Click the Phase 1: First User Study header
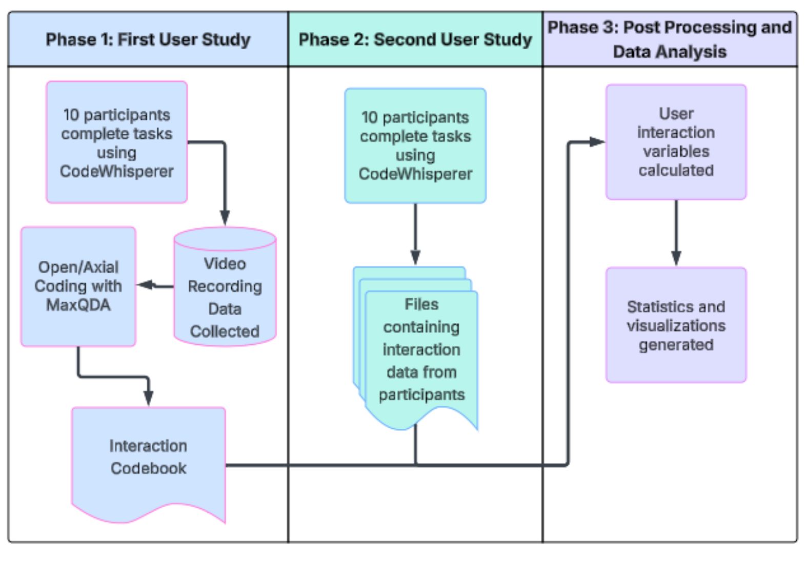click(148, 39)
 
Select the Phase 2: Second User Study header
click(415, 39)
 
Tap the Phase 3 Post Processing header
click(670, 39)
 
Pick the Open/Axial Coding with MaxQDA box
click(78, 286)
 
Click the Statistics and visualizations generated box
click(676, 325)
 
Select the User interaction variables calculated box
click(676, 142)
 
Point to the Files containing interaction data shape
click(421, 349)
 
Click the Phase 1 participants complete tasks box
click(116, 142)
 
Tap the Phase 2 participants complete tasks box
click(415, 145)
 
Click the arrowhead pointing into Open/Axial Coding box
click(144, 285)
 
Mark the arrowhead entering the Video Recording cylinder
click(225, 218)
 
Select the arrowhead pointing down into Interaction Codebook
click(149, 398)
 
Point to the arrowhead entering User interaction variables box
click(597, 142)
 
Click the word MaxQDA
click(78, 305)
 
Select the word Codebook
click(149, 468)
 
